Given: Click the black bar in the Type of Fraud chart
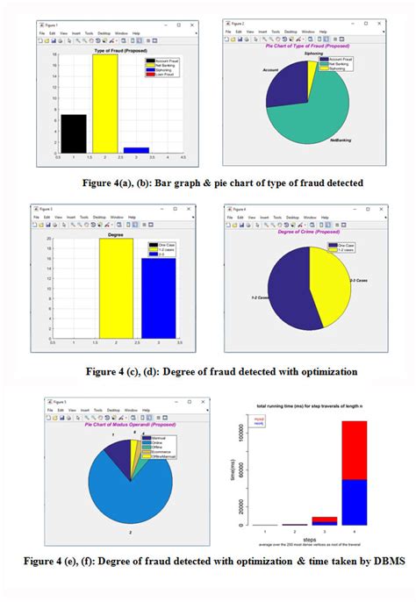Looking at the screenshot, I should (x=73, y=134).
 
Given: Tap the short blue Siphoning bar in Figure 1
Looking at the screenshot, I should (x=136, y=150).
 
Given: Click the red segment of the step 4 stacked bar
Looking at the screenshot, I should (x=354, y=449).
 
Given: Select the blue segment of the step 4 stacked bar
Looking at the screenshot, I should (x=354, y=501).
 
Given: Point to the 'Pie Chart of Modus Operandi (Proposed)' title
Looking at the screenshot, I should (x=125, y=425).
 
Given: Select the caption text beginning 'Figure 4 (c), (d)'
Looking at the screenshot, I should (x=208, y=371).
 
